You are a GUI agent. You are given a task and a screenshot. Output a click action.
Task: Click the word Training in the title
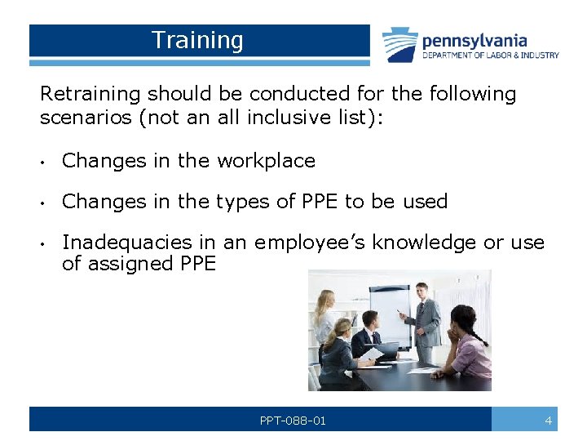tap(197, 40)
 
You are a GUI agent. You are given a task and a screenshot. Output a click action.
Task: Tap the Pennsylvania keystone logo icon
tap(400, 44)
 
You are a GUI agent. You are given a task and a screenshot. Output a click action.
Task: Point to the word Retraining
tap(90, 94)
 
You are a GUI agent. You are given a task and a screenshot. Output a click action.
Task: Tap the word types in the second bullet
tap(244, 202)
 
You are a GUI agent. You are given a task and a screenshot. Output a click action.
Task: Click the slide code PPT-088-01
tap(293, 421)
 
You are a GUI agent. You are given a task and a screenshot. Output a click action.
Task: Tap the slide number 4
tap(549, 421)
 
